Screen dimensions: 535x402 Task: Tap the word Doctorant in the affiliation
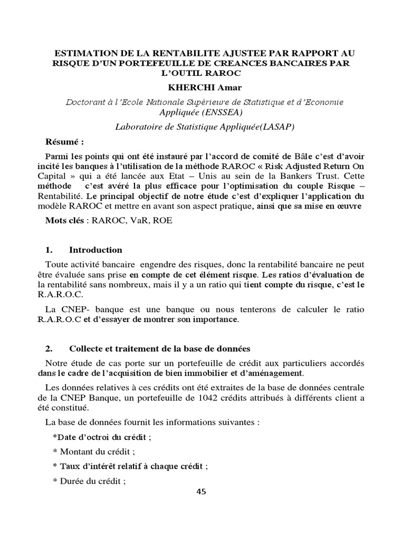click(84, 102)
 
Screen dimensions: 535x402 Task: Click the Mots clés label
click(64, 221)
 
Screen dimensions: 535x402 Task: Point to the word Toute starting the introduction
click(56, 264)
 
